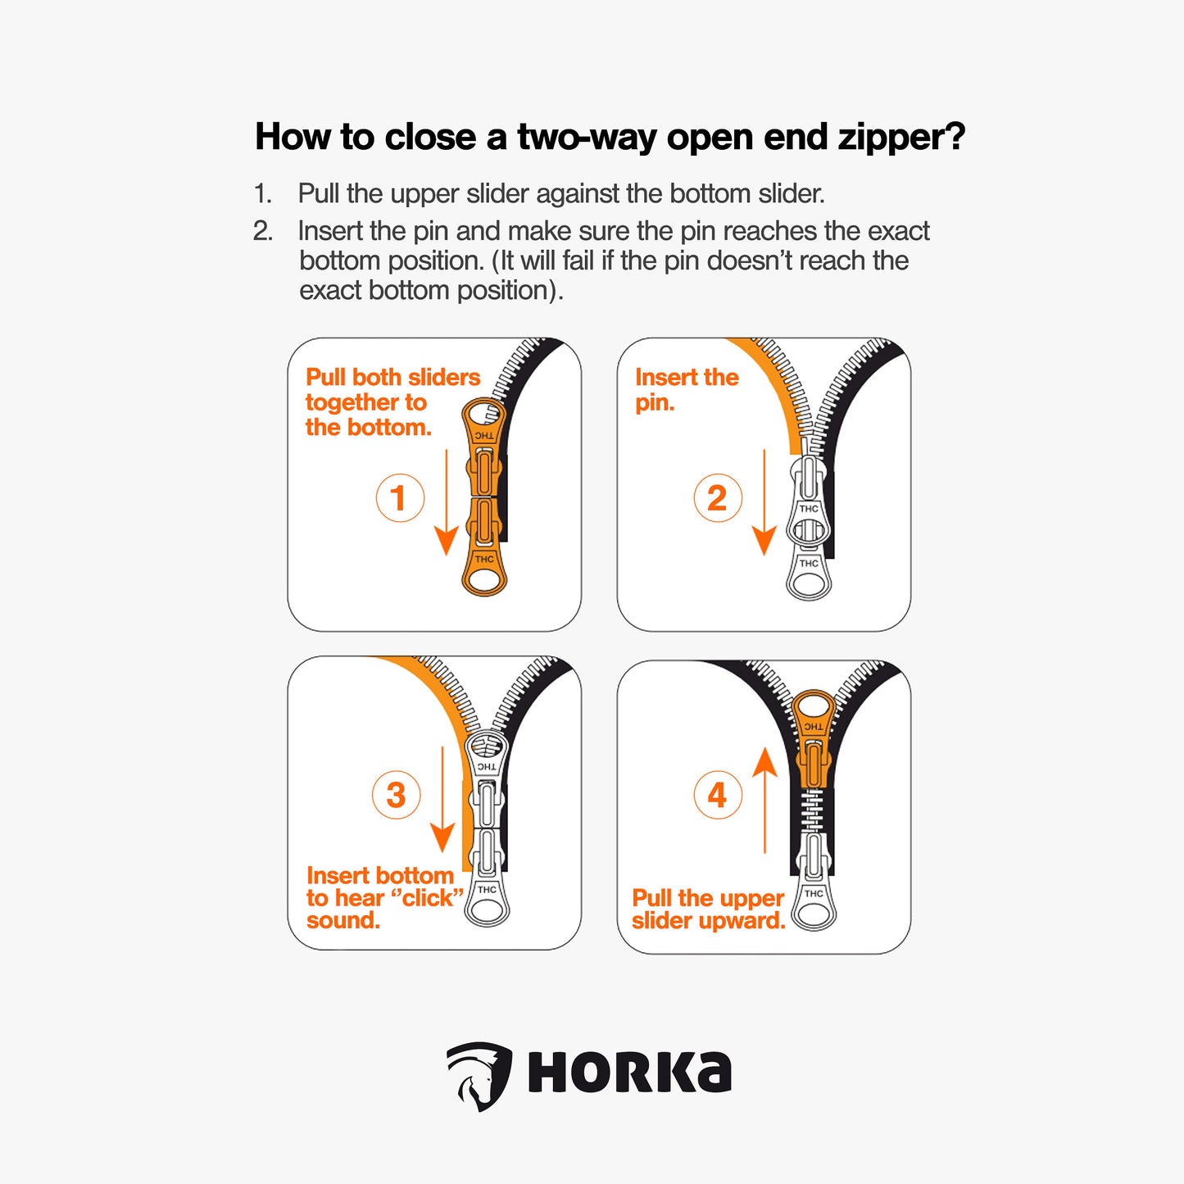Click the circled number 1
click(400, 497)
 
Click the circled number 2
click(717, 497)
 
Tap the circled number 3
click(396, 794)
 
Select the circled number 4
click(718, 795)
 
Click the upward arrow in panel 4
click(764, 799)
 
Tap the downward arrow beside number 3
click(442, 799)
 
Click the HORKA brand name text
click(629, 1073)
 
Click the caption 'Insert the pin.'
click(686, 389)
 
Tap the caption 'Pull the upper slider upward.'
click(708, 909)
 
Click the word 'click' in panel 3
click(428, 898)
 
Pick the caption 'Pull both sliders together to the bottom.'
click(392, 401)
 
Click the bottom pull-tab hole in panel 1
click(484, 581)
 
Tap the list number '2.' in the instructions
click(263, 231)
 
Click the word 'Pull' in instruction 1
click(318, 193)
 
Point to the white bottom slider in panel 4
click(814, 881)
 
